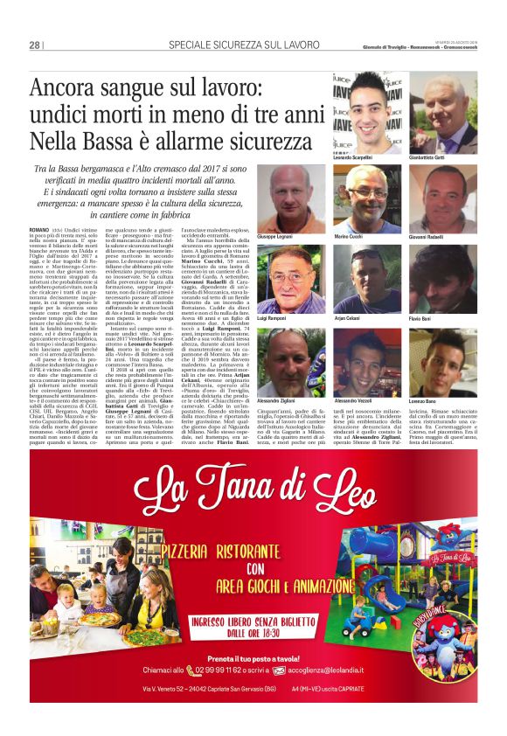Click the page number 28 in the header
[34, 45]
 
